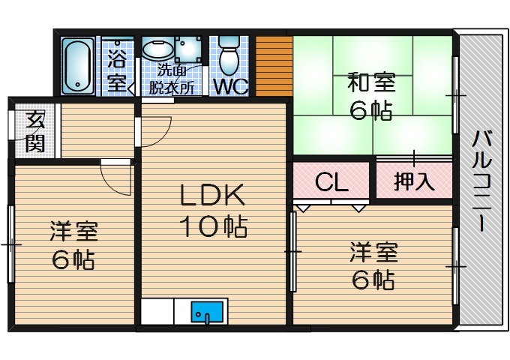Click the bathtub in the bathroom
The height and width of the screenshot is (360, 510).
pos(76,65)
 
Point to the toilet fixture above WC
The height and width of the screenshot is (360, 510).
pos(229,54)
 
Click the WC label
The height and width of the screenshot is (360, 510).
pos(230,86)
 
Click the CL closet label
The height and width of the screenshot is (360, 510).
pos(331,182)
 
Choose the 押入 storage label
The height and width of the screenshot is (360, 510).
pos(414,181)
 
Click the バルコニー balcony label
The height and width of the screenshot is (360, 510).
pos(481,180)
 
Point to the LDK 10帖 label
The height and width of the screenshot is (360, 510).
pos(212,210)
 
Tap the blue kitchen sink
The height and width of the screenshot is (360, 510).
pos(208,310)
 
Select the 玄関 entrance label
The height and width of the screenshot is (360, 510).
pos(34,132)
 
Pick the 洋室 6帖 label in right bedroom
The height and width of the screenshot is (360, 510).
pos(373,264)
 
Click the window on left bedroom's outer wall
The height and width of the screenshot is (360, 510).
pos(11,244)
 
